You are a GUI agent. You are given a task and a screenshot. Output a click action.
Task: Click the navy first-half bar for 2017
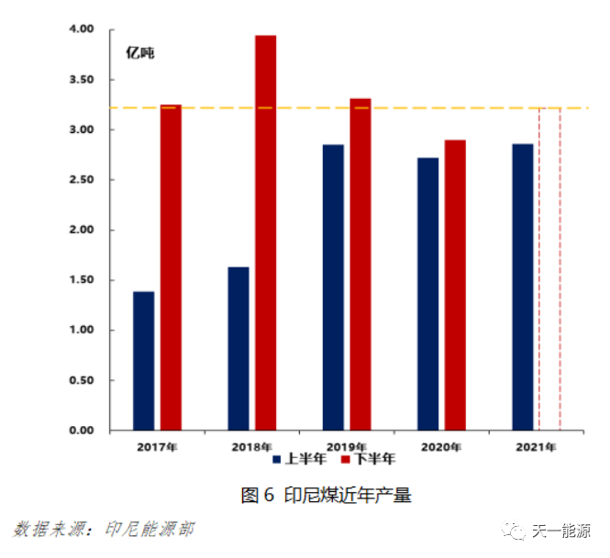143,361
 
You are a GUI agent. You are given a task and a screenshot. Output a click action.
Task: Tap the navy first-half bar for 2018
238,348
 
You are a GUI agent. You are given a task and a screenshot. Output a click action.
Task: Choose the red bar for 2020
455,285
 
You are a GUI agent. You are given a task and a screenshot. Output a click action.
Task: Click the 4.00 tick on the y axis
82,29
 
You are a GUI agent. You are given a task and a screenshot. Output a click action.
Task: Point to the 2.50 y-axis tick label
82,180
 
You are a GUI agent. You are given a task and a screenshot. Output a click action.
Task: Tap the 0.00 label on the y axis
82,431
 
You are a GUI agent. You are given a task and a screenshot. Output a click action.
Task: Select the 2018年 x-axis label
251,446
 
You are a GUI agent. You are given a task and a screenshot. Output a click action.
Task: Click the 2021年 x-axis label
536,446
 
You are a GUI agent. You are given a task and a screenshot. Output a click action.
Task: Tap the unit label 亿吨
140,53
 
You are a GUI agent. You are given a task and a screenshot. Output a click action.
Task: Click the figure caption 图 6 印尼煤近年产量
326,496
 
